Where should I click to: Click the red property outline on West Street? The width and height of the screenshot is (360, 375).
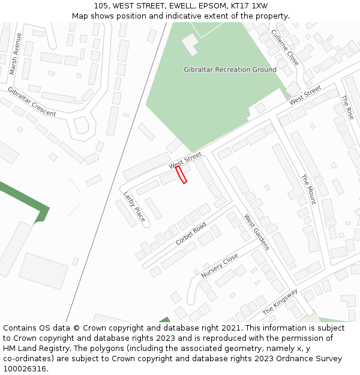tap(181, 175)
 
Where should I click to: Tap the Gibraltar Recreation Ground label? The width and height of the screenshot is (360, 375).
tap(230, 70)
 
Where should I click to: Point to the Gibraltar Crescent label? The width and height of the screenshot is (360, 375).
tap(31, 101)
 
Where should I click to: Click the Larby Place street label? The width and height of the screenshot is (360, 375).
tap(134, 206)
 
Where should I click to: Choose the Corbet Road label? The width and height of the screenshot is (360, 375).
tap(191, 233)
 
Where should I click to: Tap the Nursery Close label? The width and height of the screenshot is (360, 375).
tap(220, 266)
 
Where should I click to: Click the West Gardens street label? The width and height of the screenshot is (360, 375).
tap(256, 232)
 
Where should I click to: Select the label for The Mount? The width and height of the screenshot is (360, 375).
tap(308, 190)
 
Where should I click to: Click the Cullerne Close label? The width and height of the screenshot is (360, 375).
tap(284, 47)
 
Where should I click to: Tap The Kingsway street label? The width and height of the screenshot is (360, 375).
tap(280, 302)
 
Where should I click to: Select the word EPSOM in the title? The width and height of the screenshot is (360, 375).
tap(211, 6)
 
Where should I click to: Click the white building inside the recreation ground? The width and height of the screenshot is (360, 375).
tap(190, 44)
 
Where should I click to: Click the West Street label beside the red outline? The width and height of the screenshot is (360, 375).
tap(185, 161)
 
